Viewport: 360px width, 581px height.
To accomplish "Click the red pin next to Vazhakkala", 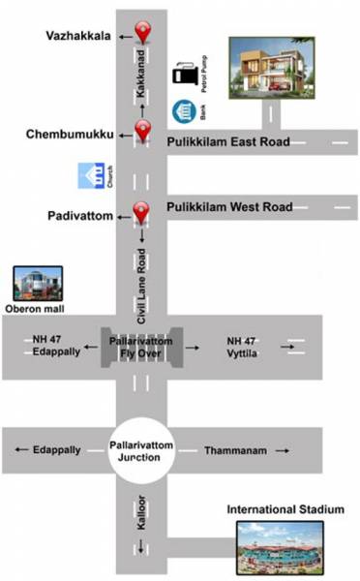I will [x=143, y=32].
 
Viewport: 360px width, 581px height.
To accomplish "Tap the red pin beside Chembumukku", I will [x=143, y=132].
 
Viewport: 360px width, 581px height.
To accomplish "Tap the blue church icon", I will [x=93, y=176].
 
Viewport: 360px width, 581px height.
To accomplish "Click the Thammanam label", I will [x=229, y=451].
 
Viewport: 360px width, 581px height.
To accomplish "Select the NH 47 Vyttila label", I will [x=246, y=348].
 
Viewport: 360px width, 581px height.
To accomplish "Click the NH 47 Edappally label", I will [x=47, y=348].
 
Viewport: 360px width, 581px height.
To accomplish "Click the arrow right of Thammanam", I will [x=283, y=451].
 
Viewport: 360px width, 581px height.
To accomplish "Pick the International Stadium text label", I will [x=285, y=508].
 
